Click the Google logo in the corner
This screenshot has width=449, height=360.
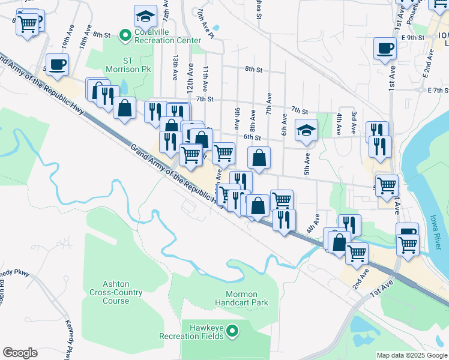(x=20, y=352)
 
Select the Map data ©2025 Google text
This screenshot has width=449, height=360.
(x=411, y=355)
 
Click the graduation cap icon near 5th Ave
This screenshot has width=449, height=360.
(x=306, y=130)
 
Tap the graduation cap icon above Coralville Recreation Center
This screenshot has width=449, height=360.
(x=145, y=16)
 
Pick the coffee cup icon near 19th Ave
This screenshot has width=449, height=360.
(x=58, y=64)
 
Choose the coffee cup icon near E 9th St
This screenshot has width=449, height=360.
(x=385, y=48)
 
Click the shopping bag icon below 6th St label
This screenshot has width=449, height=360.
(x=259, y=158)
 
